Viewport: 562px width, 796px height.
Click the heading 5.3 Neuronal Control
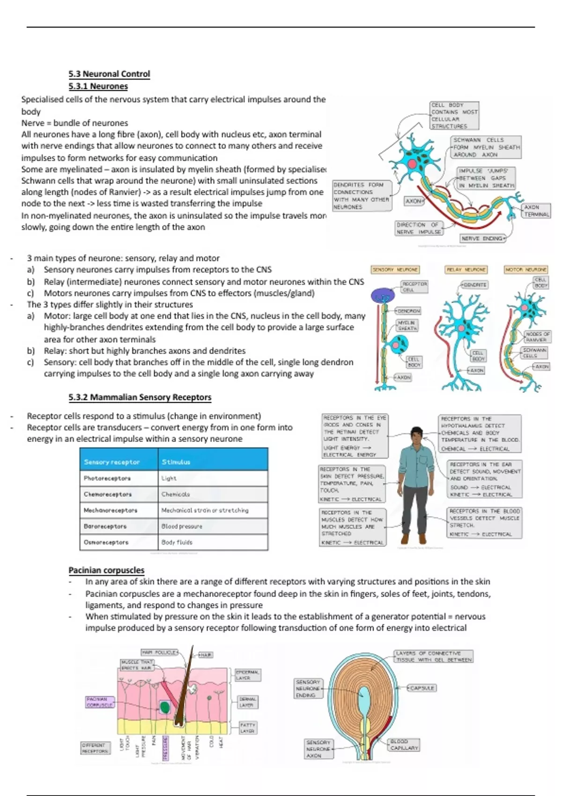point(109,74)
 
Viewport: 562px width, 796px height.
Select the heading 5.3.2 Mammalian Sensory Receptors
point(140,398)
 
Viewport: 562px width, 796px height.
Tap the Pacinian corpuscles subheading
point(106,570)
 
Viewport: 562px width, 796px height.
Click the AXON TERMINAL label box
point(536,211)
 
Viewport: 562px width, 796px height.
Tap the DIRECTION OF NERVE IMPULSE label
point(418,228)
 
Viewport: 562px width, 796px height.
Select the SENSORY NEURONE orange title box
point(395,270)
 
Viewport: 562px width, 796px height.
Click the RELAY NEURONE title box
point(466,270)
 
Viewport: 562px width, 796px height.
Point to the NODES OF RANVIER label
point(537,337)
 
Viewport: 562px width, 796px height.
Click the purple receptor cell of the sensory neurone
point(383,296)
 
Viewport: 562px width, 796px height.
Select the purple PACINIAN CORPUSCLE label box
point(100,701)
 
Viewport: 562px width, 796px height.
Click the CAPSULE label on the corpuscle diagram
point(422,688)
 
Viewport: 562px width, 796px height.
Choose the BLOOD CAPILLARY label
point(404,744)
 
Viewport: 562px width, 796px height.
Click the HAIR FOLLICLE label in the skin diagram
point(159,652)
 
